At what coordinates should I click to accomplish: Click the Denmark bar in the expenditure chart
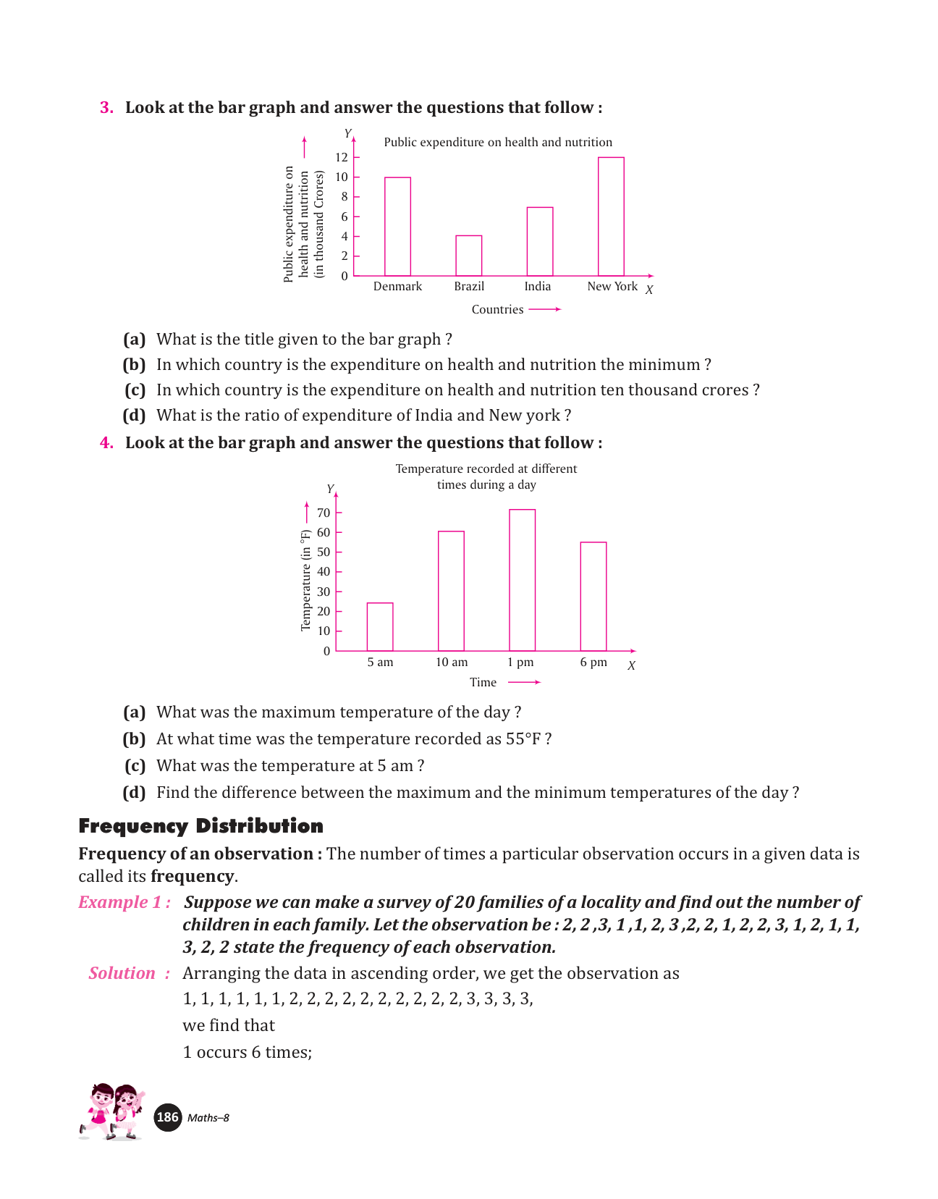coord(397,227)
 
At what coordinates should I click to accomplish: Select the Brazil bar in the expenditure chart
coord(468,256)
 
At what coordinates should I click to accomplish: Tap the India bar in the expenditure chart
coord(539,241)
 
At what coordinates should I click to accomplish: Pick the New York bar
coord(611,216)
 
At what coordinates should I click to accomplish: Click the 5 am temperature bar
coord(380,626)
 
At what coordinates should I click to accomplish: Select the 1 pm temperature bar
coord(522,580)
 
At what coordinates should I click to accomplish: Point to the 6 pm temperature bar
coord(593,596)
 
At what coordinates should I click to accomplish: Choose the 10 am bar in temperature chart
coord(451,591)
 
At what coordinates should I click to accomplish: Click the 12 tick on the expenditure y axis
coord(341,157)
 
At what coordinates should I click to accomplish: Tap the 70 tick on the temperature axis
coord(323,513)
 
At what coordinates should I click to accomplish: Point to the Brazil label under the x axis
coord(469,287)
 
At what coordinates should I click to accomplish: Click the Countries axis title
coord(497,310)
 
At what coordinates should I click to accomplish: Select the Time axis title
coord(483,682)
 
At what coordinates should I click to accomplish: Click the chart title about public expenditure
coord(498,142)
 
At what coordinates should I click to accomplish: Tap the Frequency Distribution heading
coord(200,826)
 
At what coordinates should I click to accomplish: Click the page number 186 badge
coord(168,1117)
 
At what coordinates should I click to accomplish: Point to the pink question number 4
coord(106,442)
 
